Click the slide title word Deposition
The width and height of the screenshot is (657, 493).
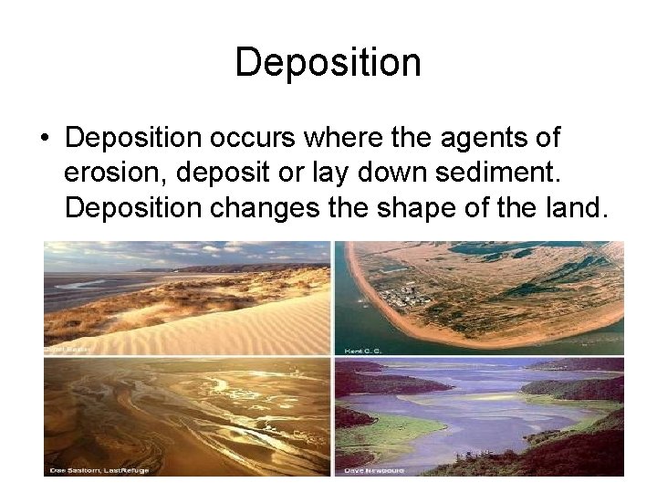[x=328, y=63]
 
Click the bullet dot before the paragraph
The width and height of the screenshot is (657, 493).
[x=44, y=139]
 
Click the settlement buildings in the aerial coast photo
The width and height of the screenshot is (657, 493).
[x=401, y=298]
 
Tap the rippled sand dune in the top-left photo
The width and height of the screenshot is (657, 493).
[x=228, y=329]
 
